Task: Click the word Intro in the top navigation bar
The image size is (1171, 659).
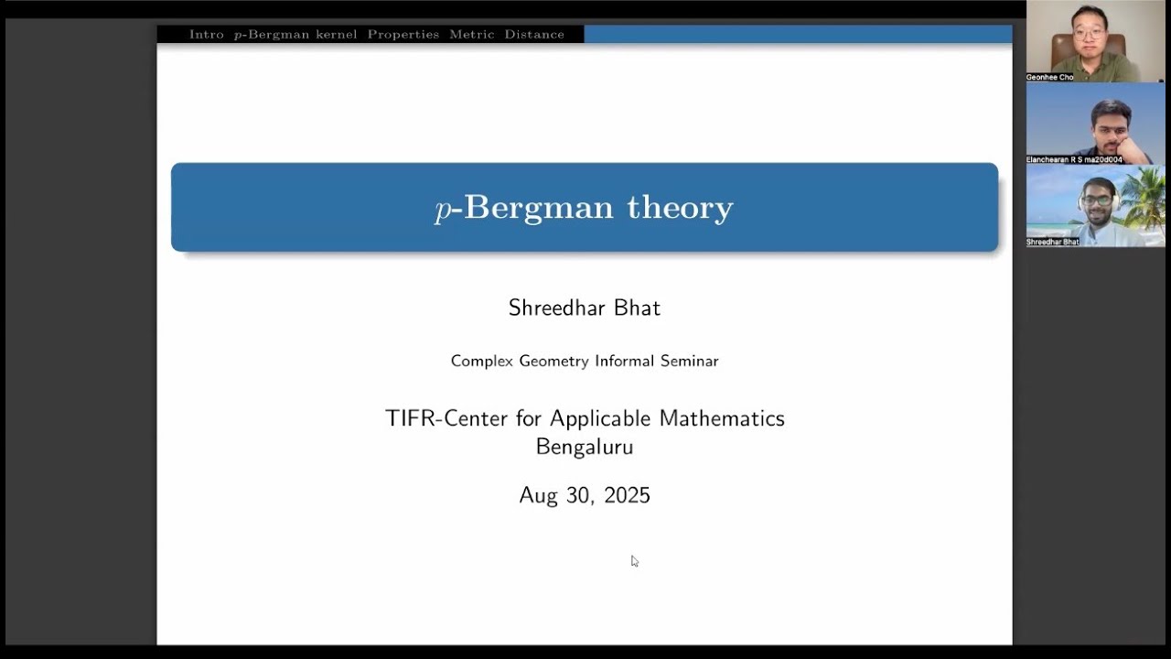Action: (206, 35)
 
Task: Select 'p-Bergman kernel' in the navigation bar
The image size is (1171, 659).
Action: (295, 35)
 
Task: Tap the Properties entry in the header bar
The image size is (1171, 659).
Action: (403, 35)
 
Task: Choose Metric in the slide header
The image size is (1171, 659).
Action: (471, 35)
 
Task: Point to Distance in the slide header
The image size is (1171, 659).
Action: (533, 35)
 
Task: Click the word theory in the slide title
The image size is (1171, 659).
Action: (680, 208)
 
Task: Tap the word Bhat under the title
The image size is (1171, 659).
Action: (638, 308)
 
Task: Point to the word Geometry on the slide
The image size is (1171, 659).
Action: (553, 362)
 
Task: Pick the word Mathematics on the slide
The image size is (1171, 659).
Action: (722, 418)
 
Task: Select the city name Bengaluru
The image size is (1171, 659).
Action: (585, 447)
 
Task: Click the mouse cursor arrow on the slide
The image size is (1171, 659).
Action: (634, 560)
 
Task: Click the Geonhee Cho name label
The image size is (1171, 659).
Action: (1049, 78)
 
